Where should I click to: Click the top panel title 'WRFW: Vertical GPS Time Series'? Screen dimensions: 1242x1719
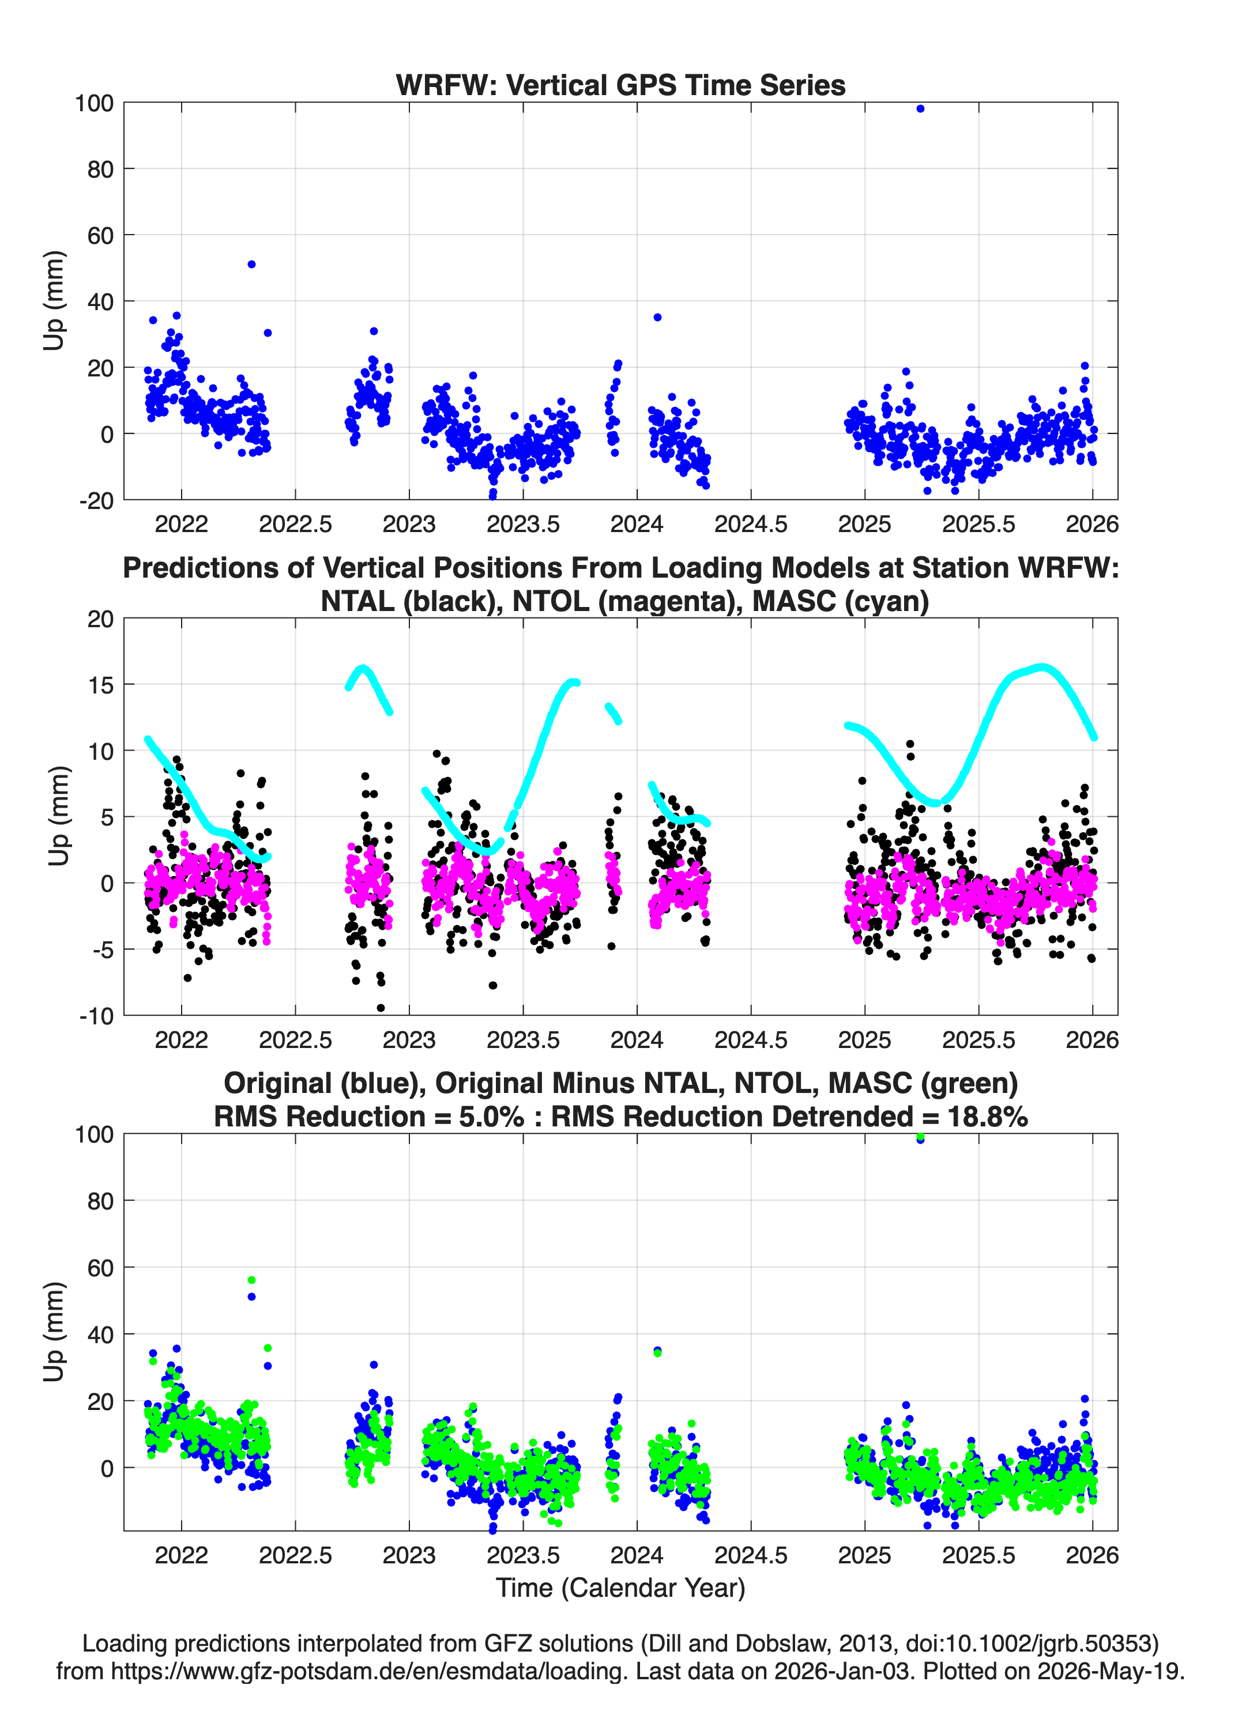click(620, 85)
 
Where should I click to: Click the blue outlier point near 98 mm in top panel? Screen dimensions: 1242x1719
click(920, 109)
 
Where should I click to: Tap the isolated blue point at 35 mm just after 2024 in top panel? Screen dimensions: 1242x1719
click(657, 318)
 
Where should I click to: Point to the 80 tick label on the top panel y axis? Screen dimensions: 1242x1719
click(100, 169)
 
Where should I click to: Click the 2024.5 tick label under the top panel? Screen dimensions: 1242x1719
click(751, 524)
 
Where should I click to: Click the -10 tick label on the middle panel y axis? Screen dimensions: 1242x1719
click(97, 1016)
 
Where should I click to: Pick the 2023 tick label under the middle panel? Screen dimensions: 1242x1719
click(409, 1040)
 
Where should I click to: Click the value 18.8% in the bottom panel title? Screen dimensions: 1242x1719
click(987, 1117)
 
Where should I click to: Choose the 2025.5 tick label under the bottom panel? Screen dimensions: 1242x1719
click(978, 1555)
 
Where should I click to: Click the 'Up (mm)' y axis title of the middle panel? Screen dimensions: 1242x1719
click(58, 816)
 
